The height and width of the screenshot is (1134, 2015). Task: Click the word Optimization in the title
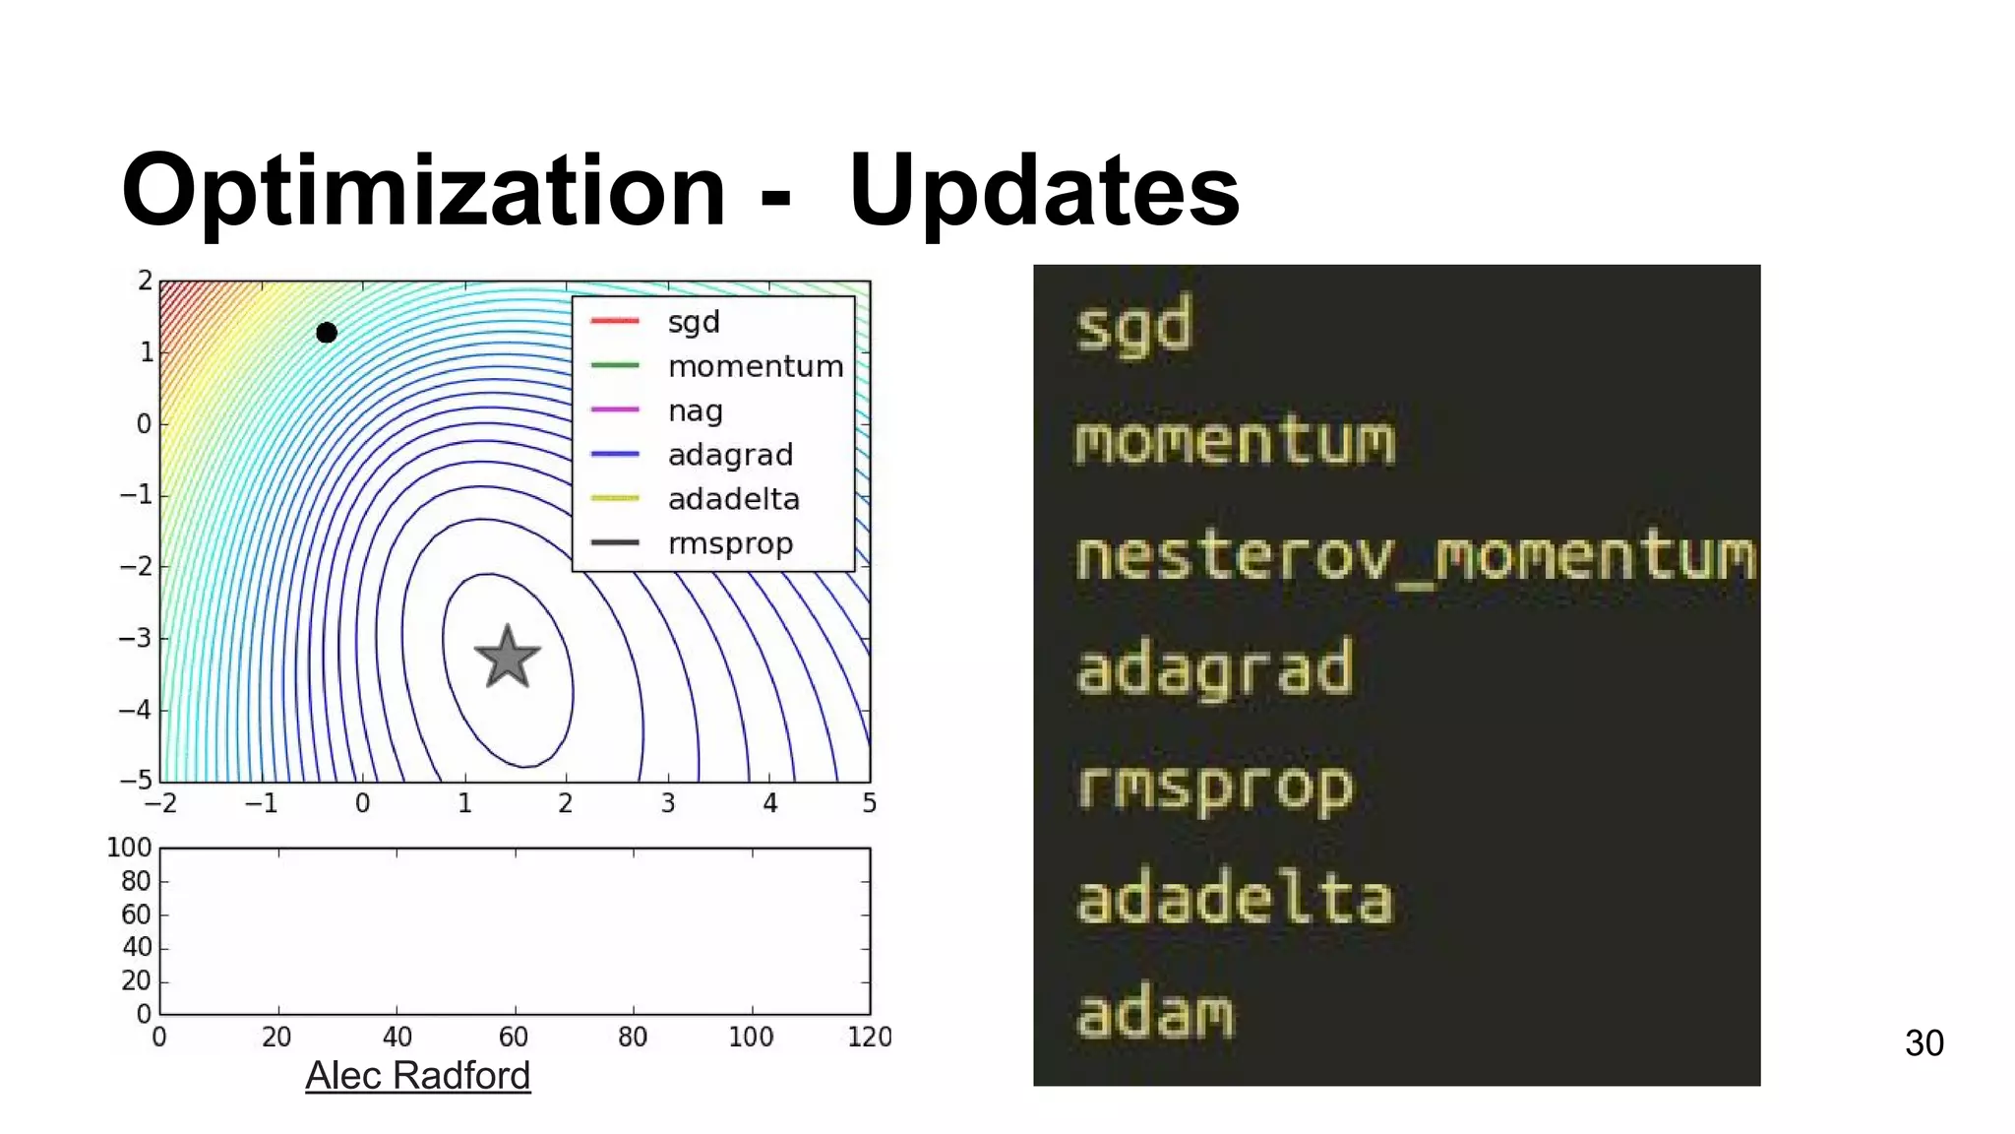click(423, 191)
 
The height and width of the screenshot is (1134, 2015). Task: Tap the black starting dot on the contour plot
click(327, 333)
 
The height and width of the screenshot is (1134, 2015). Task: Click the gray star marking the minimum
click(508, 658)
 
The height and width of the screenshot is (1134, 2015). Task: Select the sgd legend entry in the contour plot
click(694, 322)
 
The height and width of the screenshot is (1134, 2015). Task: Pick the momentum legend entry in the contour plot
click(755, 366)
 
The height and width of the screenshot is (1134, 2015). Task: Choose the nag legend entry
click(695, 410)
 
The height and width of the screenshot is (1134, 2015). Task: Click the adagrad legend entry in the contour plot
click(730, 455)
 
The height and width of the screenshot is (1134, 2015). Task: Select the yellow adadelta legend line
click(615, 499)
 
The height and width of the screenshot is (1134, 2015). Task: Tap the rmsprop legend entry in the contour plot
click(730, 543)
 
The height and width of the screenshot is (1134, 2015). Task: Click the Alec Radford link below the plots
click(417, 1075)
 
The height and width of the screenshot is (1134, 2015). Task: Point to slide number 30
click(1923, 1043)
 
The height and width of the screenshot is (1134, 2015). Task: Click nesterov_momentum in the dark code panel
click(1415, 557)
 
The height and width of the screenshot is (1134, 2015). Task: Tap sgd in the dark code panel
click(1133, 327)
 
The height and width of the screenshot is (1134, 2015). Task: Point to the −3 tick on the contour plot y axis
click(136, 638)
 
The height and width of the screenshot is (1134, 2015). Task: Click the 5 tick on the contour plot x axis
click(870, 803)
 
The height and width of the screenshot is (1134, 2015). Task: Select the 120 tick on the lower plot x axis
click(870, 1037)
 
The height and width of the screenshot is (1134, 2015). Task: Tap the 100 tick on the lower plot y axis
click(129, 848)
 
